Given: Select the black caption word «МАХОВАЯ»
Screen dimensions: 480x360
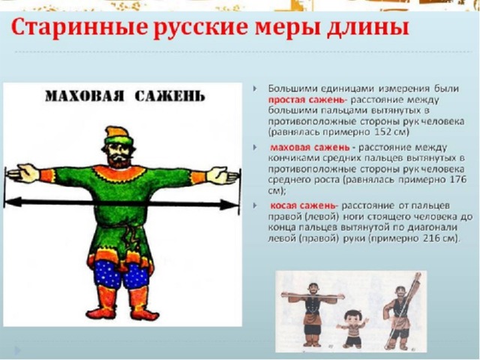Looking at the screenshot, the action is (x=85, y=96).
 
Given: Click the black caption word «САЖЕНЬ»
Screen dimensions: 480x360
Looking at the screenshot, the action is (x=170, y=96).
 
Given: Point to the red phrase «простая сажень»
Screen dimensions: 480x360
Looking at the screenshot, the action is (x=308, y=100).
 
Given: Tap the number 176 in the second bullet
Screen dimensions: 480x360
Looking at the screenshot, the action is (x=458, y=179).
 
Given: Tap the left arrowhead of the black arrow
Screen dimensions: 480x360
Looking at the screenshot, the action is (x=13, y=202).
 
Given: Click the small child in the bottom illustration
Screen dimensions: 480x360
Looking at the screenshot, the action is (x=352, y=330).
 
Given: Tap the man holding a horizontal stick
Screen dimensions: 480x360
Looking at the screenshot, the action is (x=312, y=315).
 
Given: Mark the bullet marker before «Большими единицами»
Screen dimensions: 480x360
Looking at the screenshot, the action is (x=255, y=88).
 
